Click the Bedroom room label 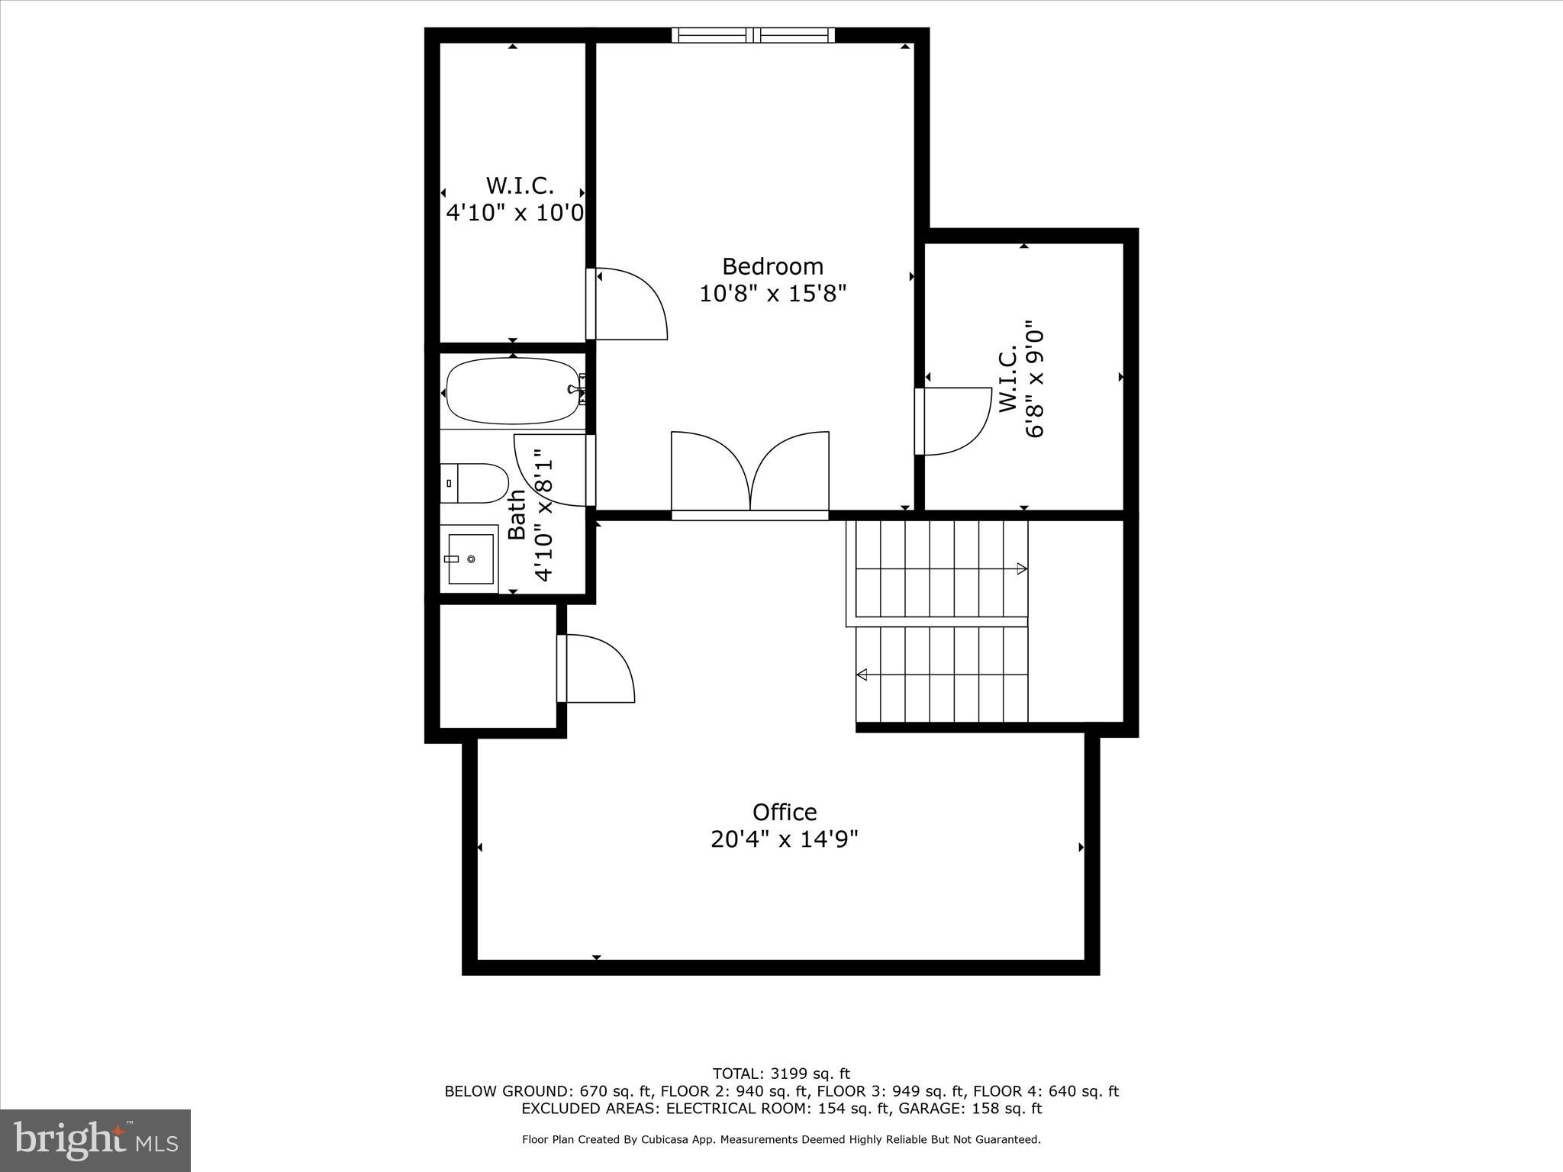tap(772, 266)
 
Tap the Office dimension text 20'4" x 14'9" tap(784, 839)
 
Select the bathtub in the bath tap(513, 391)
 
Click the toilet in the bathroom tap(475, 484)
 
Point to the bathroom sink tap(469, 559)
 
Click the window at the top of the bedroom tap(753, 35)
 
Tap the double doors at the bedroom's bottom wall tap(750, 473)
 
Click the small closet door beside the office tap(597, 668)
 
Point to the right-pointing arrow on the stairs tap(1021, 568)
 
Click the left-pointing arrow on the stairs tap(862, 675)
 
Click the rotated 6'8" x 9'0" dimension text tap(1034, 378)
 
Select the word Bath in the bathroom tap(517, 514)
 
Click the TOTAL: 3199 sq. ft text tap(781, 1074)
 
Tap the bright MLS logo tap(95, 1140)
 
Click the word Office tap(784, 812)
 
